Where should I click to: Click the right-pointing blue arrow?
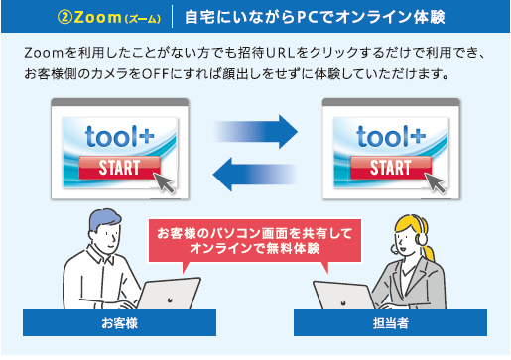[255, 129]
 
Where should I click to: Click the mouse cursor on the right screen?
[437, 181]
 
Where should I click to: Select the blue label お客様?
[118, 323]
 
